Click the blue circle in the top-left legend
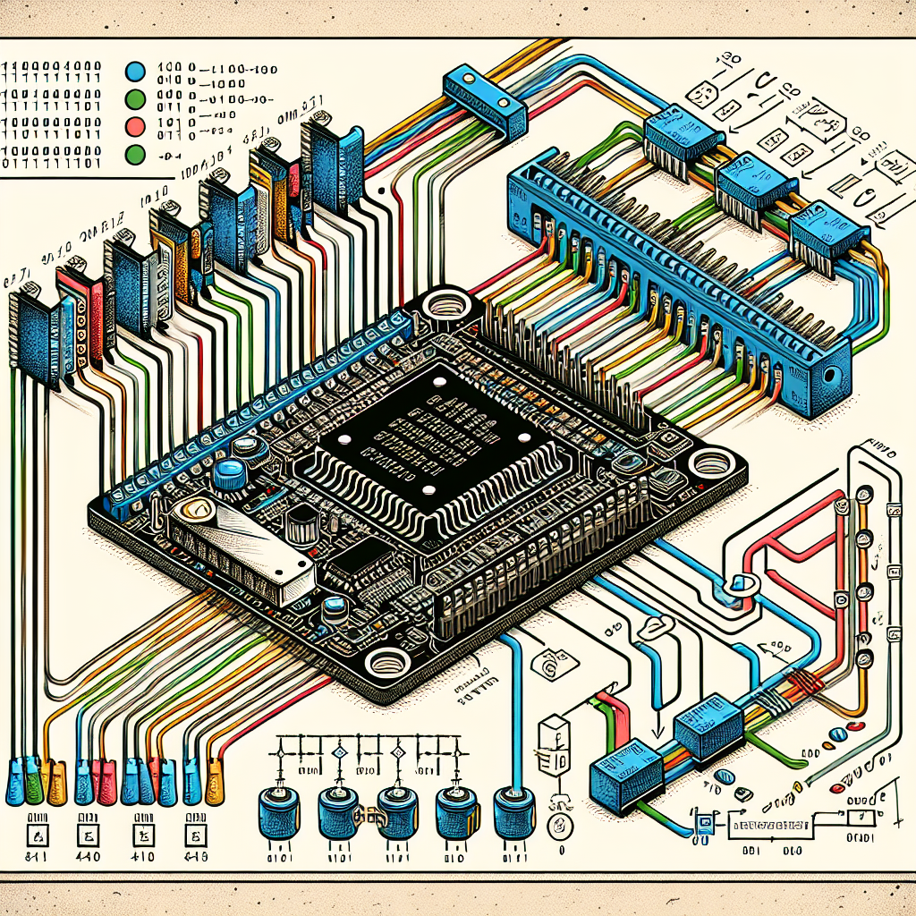(x=137, y=72)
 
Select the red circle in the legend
(x=137, y=124)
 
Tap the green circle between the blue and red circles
(x=137, y=98)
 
